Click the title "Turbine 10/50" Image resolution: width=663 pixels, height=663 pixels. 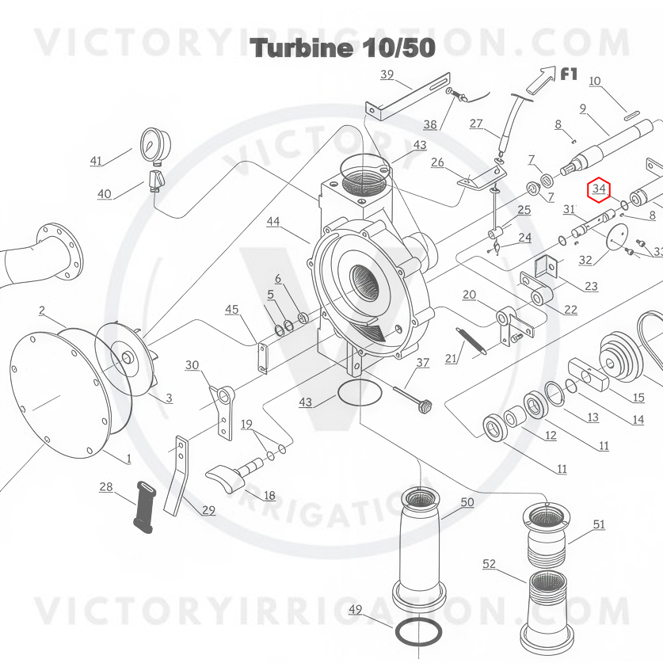coord(343,48)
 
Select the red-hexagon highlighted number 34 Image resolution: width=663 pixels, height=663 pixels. coord(599,189)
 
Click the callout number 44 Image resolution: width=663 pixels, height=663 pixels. coord(273,222)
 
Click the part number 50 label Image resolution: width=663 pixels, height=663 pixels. coord(467,502)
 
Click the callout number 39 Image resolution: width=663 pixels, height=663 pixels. coord(387,75)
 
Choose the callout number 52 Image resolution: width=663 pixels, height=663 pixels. coord(490,564)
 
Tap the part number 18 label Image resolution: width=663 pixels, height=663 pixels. coord(269,496)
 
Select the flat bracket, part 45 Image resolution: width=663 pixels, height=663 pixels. coord(263,357)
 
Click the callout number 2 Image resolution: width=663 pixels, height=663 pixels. coord(42,311)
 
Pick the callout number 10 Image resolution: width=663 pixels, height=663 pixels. coord(594,81)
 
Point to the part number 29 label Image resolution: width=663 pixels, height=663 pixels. coord(208,510)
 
